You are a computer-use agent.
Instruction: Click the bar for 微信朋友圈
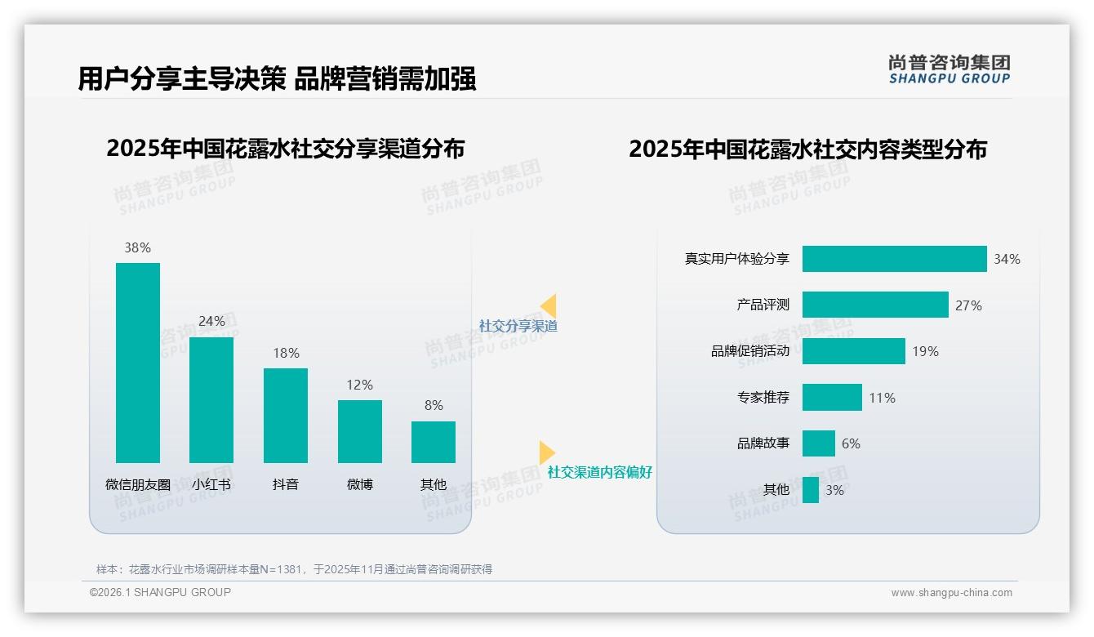[138, 363]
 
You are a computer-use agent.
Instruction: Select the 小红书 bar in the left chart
[211, 400]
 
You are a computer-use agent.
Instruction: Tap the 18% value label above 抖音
[286, 353]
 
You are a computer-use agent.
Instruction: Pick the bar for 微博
[360, 431]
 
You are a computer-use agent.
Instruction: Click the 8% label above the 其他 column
[434, 405]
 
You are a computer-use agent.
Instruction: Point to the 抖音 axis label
[286, 484]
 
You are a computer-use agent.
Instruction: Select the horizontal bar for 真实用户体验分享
[894, 259]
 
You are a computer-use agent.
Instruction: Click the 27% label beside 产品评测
[968, 305]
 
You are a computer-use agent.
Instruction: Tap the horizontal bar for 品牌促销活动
[853, 351]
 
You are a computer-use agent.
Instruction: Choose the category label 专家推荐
[763, 398]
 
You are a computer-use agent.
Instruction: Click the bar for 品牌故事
[818, 443]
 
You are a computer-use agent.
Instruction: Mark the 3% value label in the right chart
[834, 490]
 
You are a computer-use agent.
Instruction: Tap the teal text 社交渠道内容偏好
[600, 472]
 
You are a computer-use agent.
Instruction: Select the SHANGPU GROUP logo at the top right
[949, 69]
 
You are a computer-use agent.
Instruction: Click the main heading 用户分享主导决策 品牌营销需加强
[277, 78]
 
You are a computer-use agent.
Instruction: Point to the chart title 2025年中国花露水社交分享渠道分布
[285, 149]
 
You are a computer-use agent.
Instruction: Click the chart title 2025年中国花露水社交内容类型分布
[807, 149]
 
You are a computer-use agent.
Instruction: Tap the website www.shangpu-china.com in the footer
[951, 593]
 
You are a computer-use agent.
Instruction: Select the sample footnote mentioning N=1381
[294, 569]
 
